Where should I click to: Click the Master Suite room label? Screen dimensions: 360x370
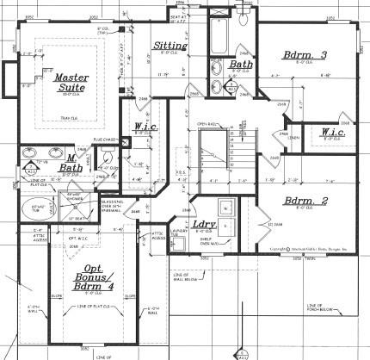71,83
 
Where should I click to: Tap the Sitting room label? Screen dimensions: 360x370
167,46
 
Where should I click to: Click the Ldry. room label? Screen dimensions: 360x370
203,225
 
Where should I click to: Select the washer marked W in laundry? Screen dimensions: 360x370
224,208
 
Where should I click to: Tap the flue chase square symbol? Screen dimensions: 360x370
122,152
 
